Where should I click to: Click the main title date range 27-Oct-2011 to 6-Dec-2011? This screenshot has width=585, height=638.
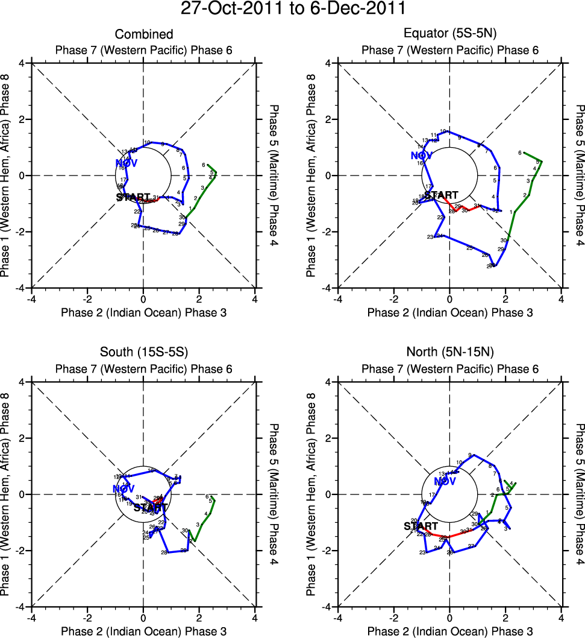(x=293, y=9)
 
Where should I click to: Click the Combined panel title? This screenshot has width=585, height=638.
(x=144, y=34)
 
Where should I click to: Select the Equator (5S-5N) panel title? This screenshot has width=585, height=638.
(x=450, y=34)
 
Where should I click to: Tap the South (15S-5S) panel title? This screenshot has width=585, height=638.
(x=144, y=353)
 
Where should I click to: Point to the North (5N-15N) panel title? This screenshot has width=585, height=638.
(x=450, y=353)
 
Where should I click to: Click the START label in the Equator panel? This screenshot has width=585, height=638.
(x=442, y=195)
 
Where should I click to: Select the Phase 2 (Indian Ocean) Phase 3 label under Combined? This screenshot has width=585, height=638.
(x=144, y=312)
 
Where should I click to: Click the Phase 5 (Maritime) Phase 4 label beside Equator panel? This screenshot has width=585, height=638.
(x=580, y=175)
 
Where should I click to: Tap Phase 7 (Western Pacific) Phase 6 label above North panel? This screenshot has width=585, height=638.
(x=450, y=369)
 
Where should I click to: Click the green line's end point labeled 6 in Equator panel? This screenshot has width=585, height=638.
(x=524, y=153)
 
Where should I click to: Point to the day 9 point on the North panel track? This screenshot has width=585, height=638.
(x=474, y=455)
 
